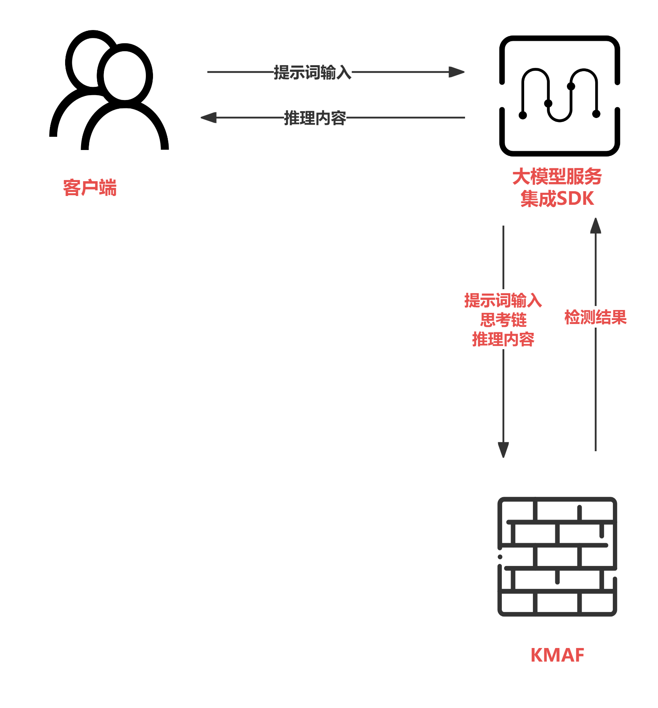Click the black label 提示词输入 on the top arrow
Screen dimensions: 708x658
click(312, 72)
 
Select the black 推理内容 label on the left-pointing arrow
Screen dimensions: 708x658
click(315, 118)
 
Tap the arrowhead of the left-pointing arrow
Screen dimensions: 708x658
click(208, 118)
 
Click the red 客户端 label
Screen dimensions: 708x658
click(90, 188)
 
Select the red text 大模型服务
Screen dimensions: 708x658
click(557, 177)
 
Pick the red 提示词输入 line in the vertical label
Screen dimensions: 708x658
click(503, 300)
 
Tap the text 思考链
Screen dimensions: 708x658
click(503, 320)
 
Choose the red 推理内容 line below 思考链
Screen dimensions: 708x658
click(503, 339)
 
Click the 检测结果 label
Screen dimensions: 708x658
click(595, 317)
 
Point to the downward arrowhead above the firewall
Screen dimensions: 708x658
click(503, 450)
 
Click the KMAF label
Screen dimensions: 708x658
click(557, 655)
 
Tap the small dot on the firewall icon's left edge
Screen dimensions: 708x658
click(500, 557)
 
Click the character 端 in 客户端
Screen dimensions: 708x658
click(108, 188)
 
